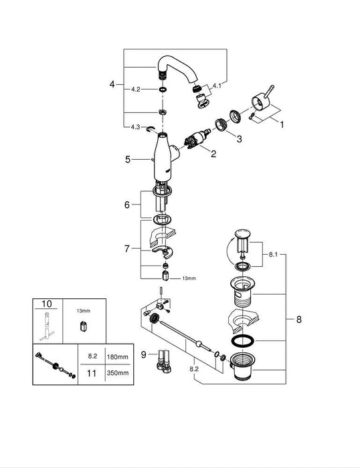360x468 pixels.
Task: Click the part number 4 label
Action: click(112, 84)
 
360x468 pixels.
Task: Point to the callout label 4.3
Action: click(135, 128)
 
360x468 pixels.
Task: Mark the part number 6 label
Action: click(128, 205)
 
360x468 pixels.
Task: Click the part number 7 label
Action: click(128, 248)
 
